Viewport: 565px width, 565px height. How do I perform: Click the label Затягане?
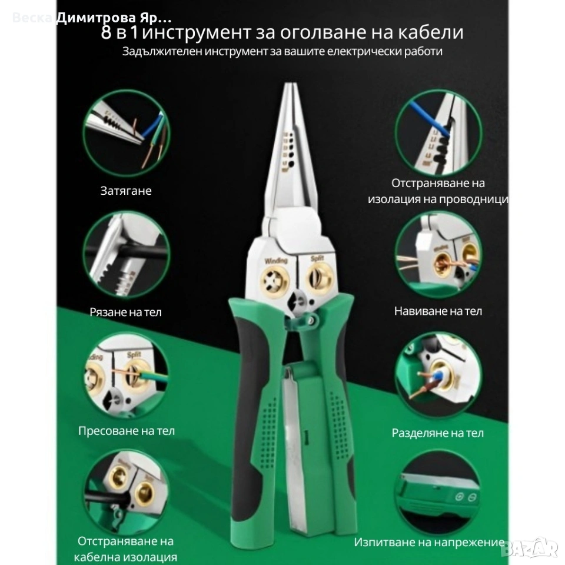(126, 191)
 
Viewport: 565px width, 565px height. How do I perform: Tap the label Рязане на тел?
(125, 312)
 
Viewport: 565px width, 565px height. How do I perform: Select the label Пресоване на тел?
(126, 431)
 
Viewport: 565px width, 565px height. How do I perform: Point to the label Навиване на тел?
(438, 311)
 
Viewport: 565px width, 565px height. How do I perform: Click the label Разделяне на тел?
(437, 433)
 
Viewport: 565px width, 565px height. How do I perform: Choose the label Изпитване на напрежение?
(429, 542)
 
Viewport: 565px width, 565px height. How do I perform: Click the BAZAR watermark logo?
(531, 548)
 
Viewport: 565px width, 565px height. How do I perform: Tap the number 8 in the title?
(106, 32)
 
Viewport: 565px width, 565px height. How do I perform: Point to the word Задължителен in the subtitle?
(162, 52)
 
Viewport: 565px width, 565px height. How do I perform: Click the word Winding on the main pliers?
(276, 261)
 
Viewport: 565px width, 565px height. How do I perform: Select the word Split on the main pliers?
(317, 258)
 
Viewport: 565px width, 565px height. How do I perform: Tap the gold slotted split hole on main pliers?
(320, 279)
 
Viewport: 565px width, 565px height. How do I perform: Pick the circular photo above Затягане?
(126, 132)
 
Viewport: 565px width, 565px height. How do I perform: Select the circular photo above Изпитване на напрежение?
(438, 493)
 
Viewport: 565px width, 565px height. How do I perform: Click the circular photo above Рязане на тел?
(126, 254)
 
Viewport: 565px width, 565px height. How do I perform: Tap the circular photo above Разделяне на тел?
(438, 375)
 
